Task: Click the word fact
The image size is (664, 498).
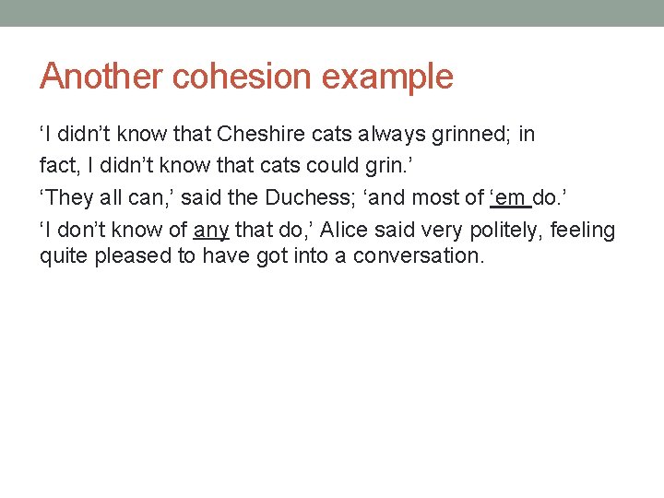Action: (x=57, y=166)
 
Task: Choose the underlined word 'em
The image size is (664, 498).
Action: (x=508, y=197)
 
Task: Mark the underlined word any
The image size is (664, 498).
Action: (x=211, y=230)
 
